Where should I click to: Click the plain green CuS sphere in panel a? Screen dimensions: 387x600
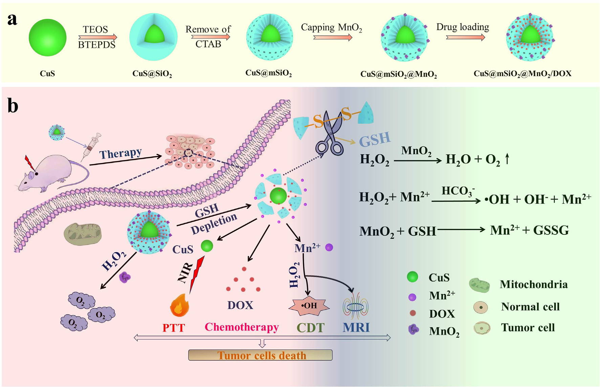click(x=47, y=37)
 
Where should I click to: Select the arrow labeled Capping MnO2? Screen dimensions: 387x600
click(x=333, y=38)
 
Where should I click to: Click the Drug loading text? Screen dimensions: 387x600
click(x=463, y=27)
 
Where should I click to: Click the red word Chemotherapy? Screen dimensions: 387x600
click(x=242, y=327)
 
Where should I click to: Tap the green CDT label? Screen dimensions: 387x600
click(x=310, y=327)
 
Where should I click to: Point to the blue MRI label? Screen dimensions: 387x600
click(x=356, y=327)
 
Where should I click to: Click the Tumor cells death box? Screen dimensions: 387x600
click(x=260, y=355)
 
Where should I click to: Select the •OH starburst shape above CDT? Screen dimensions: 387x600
click(x=309, y=306)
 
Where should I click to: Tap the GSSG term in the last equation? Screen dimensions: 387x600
click(x=551, y=230)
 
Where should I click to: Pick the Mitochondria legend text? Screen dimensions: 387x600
click(x=534, y=284)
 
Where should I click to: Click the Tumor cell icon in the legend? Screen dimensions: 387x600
click(x=482, y=328)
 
